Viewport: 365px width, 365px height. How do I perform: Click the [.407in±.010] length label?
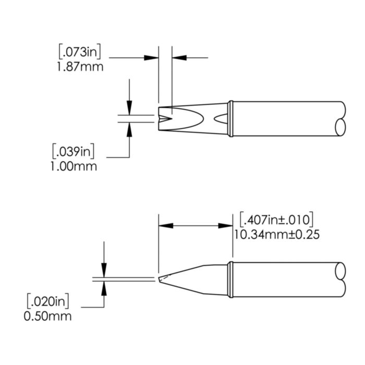pyautogui.click(x=275, y=218)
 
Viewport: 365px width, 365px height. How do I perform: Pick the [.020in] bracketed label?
pyautogui.click(x=48, y=301)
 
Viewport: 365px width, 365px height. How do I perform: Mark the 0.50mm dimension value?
pyautogui.click(x=48, y=315)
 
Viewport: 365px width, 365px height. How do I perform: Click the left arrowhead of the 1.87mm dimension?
pyautogui.click(x=152, y=57)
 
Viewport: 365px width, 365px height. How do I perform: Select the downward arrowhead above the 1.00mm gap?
pyautogui.click(x=129, y=108)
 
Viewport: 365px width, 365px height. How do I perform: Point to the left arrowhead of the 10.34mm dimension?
pyautogui.click(x=165, y=226)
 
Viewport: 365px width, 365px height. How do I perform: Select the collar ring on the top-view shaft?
pyautogui.click(x=229, y=118)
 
